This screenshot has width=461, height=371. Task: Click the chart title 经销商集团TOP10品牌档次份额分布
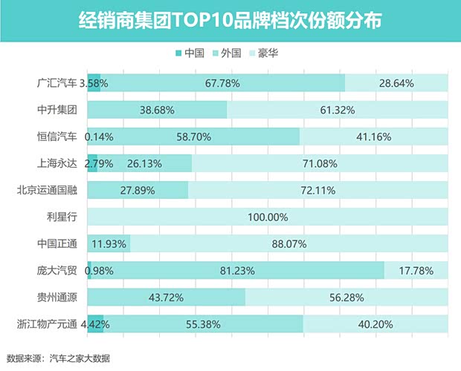point(230,20)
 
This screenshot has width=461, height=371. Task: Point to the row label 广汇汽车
point(58,83)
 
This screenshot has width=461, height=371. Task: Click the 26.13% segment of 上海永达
point(144,163)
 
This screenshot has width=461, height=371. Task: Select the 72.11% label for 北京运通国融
point(318,190)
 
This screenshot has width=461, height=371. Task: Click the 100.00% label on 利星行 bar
point(268,217)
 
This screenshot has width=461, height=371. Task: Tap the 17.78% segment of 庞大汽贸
point(417,270)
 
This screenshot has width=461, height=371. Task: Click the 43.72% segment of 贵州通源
point(166,297)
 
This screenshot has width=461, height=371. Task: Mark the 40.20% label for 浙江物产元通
point(376,324)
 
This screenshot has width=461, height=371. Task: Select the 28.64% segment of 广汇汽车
point(396,83)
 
